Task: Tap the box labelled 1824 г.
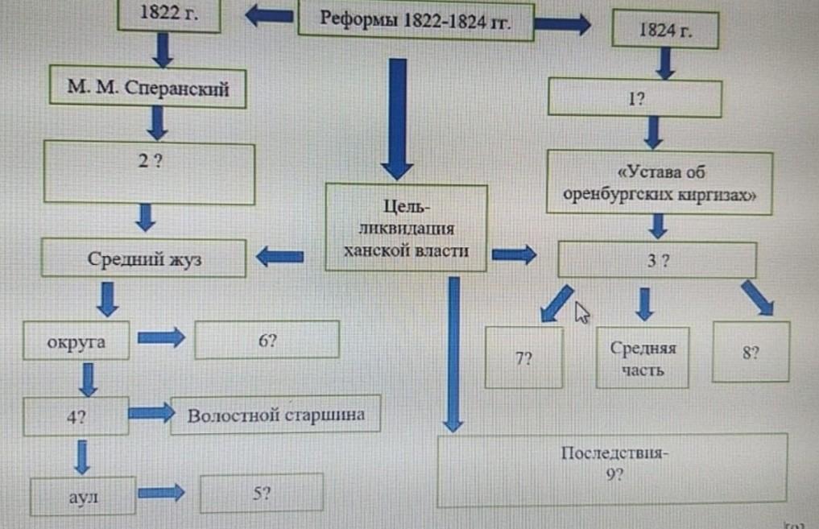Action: pyautogui.click(x=665, y=32)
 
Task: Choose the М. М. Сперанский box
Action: pyautogui.click(x=147, y=89)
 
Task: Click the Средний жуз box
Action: pyautogui.click(x=143, y=259)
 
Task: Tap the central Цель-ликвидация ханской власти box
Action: pyautogui.click(x=407, y=226)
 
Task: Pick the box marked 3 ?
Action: pyautogui.click(x=657, y=261)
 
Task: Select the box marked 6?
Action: pyautogui.click(x=267, y=340)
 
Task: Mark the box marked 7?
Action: pyautogui.click(x=524, y=358)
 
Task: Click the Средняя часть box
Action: pyautogui.click(x=643, y=359)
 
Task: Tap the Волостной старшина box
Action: pyautogui.click(x=275, y=416)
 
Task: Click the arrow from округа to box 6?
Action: pyautogui.click(x=161, y=338)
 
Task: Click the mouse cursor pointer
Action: pyautogui.click(x=582, y=312)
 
